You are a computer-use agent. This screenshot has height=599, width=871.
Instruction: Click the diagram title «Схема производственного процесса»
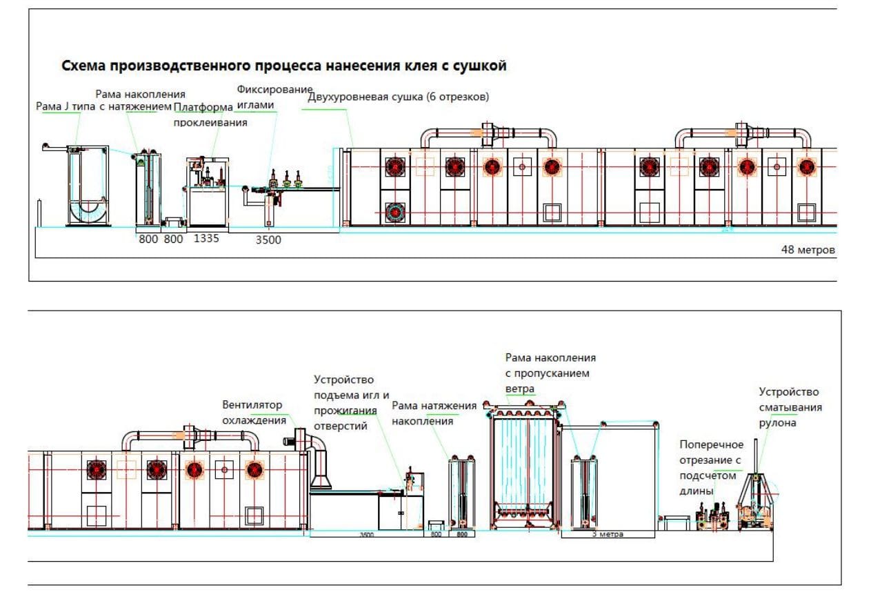pos(284,66)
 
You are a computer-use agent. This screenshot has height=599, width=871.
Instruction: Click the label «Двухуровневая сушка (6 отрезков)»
pos(399,97)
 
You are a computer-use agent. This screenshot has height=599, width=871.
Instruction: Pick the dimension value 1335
pos(206,239)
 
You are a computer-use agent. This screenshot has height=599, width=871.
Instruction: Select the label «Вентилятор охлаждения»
pos(253,413)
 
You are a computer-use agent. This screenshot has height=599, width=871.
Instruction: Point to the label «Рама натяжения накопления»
pos(434,413)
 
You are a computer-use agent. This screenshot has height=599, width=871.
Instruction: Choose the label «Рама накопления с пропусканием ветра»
pos(550,373)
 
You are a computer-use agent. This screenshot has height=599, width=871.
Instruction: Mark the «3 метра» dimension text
pos(606,534)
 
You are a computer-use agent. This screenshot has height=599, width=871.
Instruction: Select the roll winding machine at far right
pos(757,502)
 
